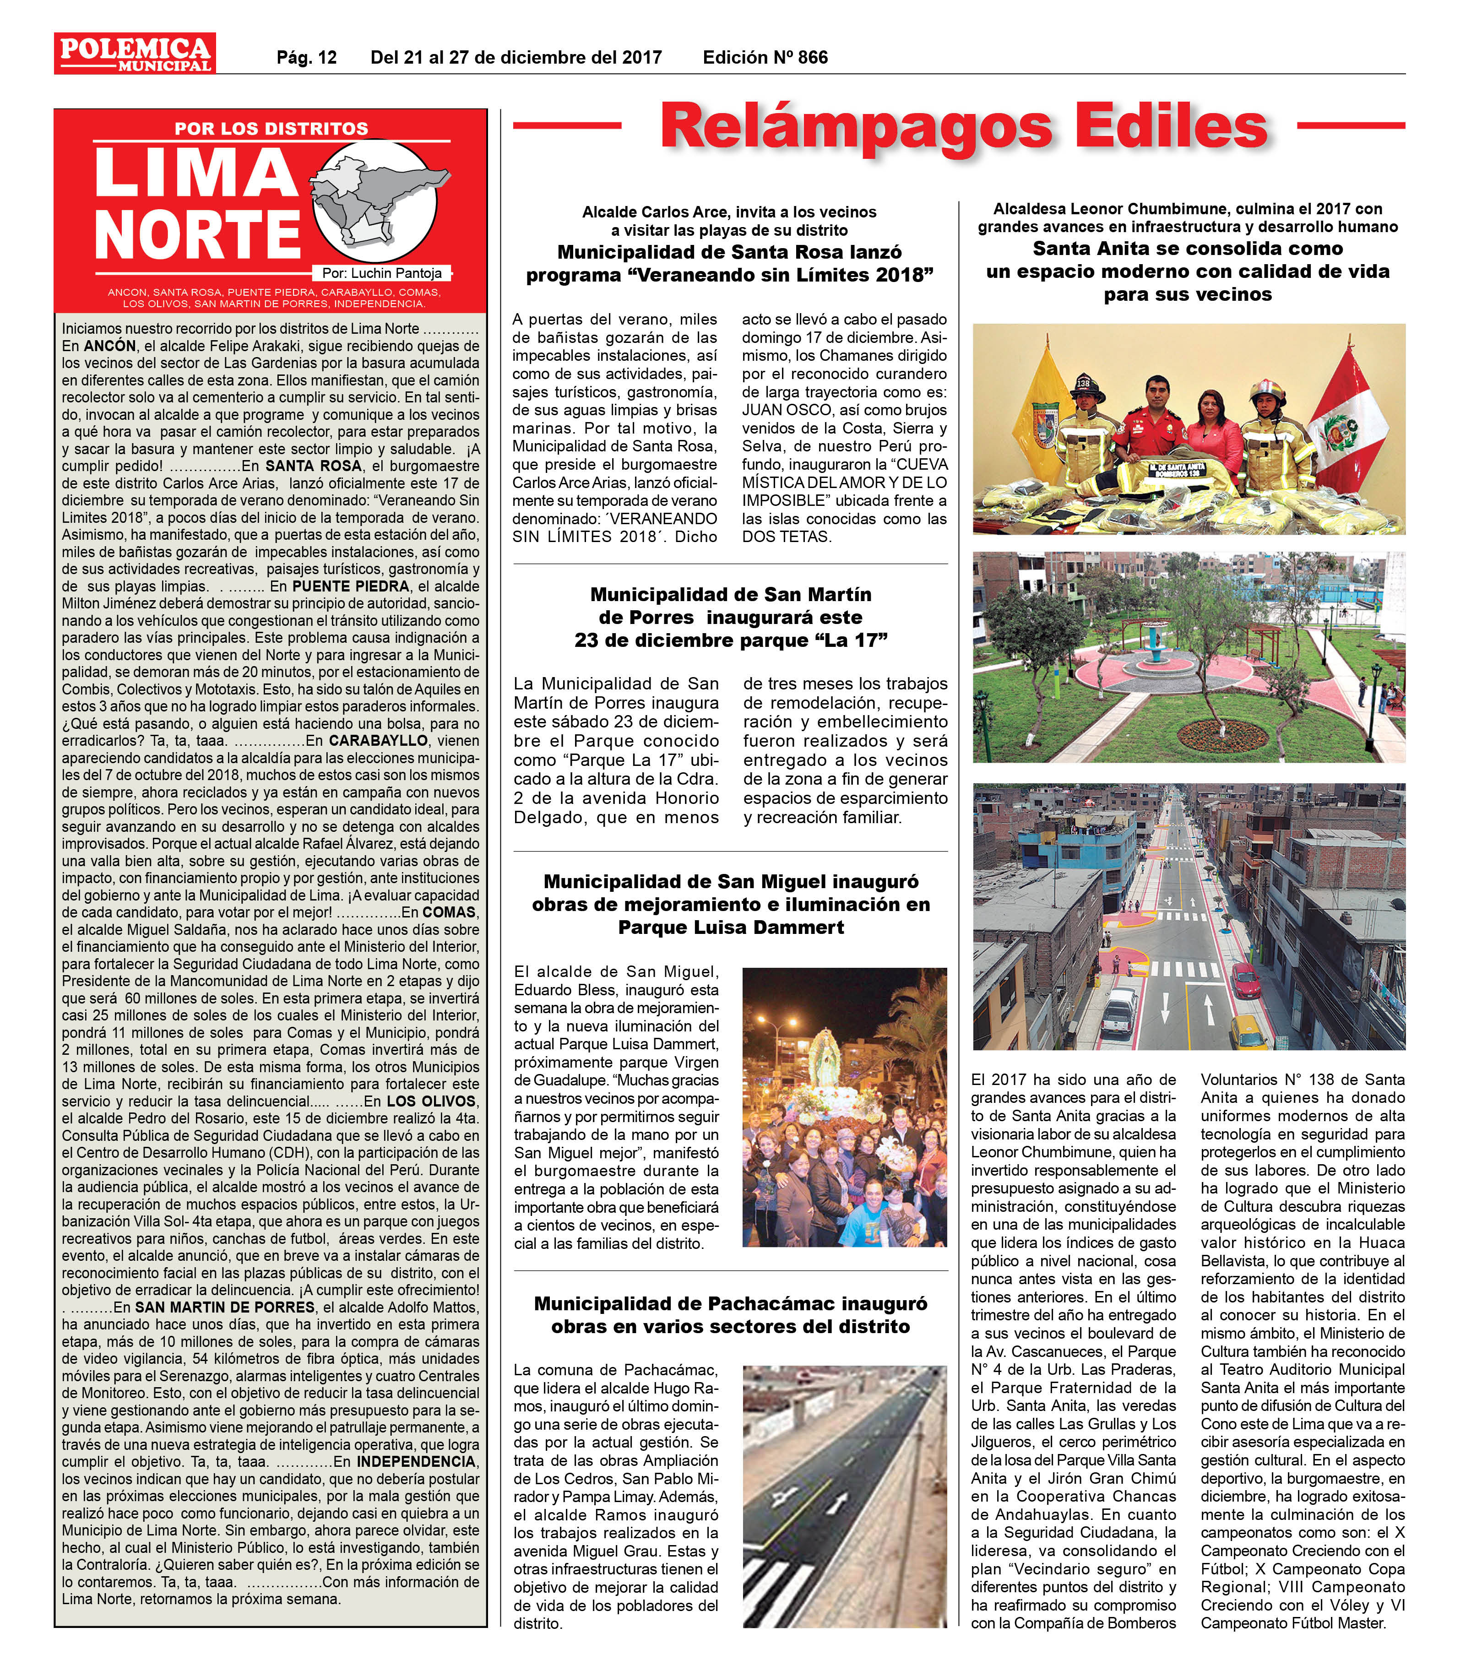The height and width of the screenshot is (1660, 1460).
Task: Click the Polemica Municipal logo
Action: tap(135, 54)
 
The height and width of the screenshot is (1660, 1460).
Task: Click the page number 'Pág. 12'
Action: tap(306, 58)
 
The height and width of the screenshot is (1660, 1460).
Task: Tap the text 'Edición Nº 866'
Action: tap(765, 58)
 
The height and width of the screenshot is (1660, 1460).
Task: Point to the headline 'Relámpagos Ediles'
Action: tap(963, 126)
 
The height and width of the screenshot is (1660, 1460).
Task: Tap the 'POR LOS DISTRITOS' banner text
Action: tap(271, 128)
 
